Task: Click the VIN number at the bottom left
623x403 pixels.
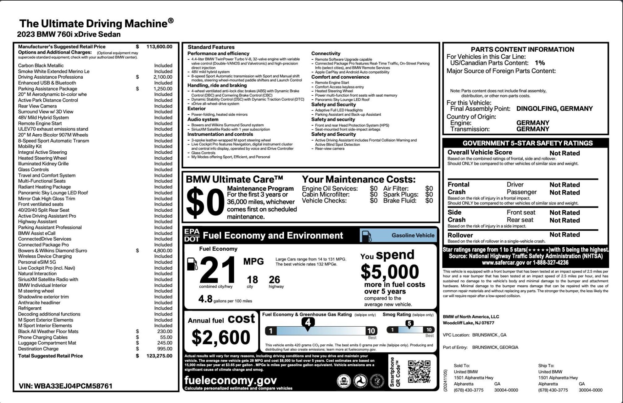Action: (x=66, y=386)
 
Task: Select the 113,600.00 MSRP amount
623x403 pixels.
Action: (x=159, y=47)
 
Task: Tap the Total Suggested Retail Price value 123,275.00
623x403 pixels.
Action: (x=159, y=356)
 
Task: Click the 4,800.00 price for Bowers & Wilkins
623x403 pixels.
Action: (x=163, y=251)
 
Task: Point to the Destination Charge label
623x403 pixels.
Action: (x=38, y=349)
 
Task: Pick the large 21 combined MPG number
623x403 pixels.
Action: (x=217, y=270)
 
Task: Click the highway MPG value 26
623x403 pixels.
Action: (x=274, y=279)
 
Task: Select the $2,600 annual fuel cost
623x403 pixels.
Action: (x=221, y=337)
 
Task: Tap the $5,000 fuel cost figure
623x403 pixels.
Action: (x=390, y=272)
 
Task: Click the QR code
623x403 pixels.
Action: (x=419, y=372)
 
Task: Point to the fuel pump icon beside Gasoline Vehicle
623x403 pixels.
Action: (x=367, y=236)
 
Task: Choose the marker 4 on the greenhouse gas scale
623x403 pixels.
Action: (x=308, y=323)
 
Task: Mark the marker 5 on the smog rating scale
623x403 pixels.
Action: (x=409, y=324)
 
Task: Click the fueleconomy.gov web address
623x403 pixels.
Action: (x=231, y=380)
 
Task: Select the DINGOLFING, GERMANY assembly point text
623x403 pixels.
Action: (x=554, y=109)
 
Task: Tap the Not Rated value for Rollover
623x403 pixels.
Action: (x=565, y=235)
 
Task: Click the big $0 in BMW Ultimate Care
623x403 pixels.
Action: (x=205, y=202)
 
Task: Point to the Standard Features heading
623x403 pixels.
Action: (x=211, y=47)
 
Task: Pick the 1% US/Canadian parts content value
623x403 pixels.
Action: (x=540, y=63)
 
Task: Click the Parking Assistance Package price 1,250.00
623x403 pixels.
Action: (x=163, y=89)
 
